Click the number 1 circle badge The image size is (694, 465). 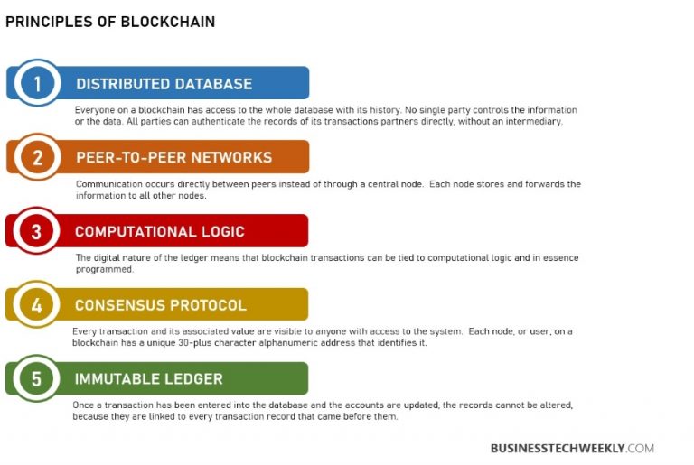point(36,83)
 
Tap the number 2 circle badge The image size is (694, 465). point(36,157)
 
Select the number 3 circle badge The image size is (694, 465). point(36,231)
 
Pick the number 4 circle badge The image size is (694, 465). point(36,305)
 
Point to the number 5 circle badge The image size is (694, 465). point(36,379)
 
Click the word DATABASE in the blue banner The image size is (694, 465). point(212,84)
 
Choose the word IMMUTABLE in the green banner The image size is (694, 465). point(117,379)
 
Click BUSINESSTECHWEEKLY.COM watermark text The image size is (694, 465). point(572,448)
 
